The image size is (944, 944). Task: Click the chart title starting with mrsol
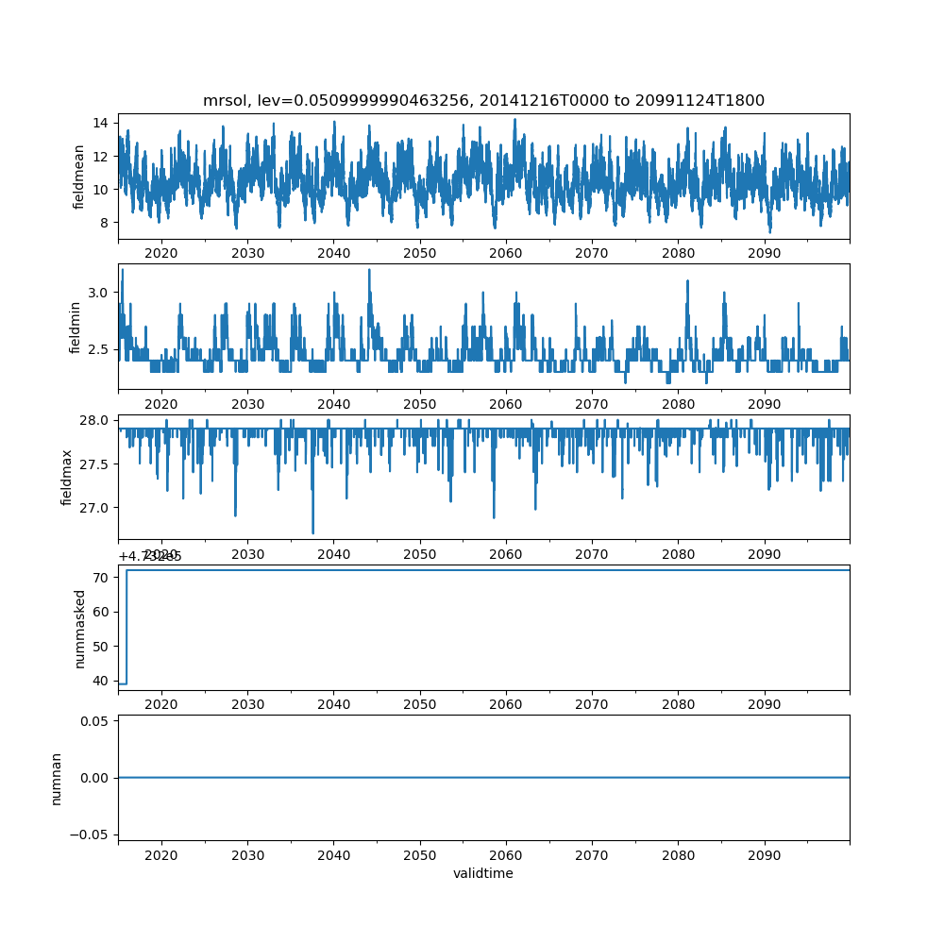[x=483, y=100]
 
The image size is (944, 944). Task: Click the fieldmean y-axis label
[x=79, y=177]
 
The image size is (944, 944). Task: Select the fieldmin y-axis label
[x=76, y=326]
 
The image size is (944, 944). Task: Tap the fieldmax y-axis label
[x=67, y=476]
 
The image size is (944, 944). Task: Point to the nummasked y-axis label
[x=80, y=629]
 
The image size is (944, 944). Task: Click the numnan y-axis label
[x=57, y=778]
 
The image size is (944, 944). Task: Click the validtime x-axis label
[x=483, y=873]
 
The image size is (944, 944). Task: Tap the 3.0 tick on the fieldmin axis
[x=98, y=293]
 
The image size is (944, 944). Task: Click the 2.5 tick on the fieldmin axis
[x=98, y=349]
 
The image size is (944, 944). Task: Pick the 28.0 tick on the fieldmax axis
[x=94, y=420]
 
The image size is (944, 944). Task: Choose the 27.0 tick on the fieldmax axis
[x=94, y=508]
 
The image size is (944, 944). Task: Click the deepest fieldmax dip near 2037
[x=313, y=532]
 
